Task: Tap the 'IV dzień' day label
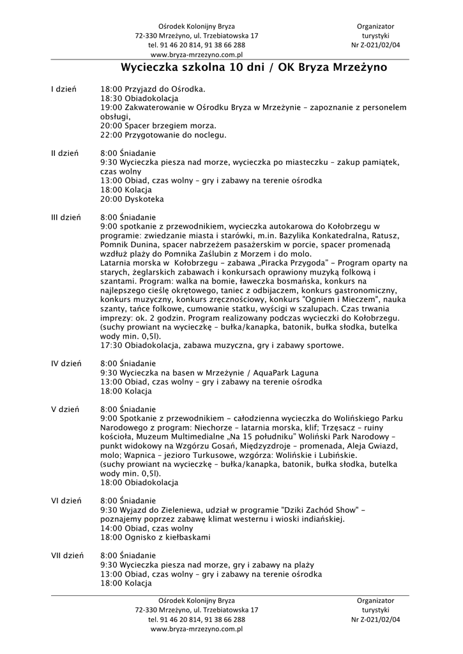(x=66, y=363)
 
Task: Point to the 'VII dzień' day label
(x=67, y=556)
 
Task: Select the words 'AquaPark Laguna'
(x=287, y=372)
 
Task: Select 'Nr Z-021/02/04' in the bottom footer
(x=376, y=619)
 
